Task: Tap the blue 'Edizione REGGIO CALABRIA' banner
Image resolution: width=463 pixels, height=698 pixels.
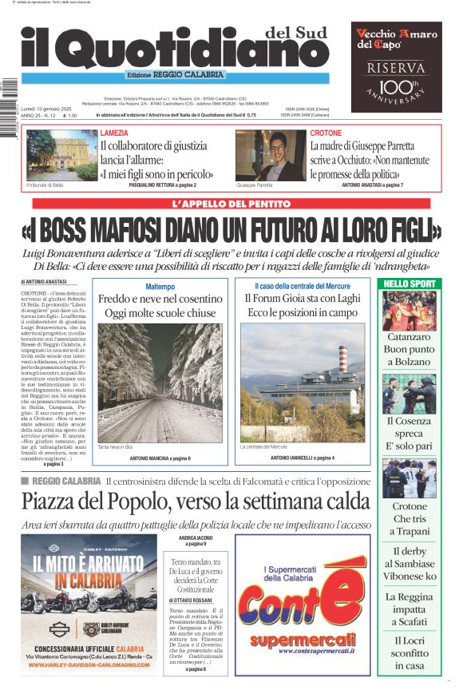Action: [x=176, y=75]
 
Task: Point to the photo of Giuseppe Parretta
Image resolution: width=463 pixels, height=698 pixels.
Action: [x=270, y=155]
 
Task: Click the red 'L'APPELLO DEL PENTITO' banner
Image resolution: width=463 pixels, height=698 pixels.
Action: [x=231, y=204]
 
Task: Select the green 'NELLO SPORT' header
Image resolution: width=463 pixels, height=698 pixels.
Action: [x=410, y=284]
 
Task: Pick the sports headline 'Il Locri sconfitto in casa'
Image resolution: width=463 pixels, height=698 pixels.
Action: [x=409, y=653]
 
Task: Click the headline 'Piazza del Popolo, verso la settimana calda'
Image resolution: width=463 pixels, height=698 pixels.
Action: [x=196, y=502]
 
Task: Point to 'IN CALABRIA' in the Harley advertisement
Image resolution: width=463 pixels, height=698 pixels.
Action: [x=89, y=581]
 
